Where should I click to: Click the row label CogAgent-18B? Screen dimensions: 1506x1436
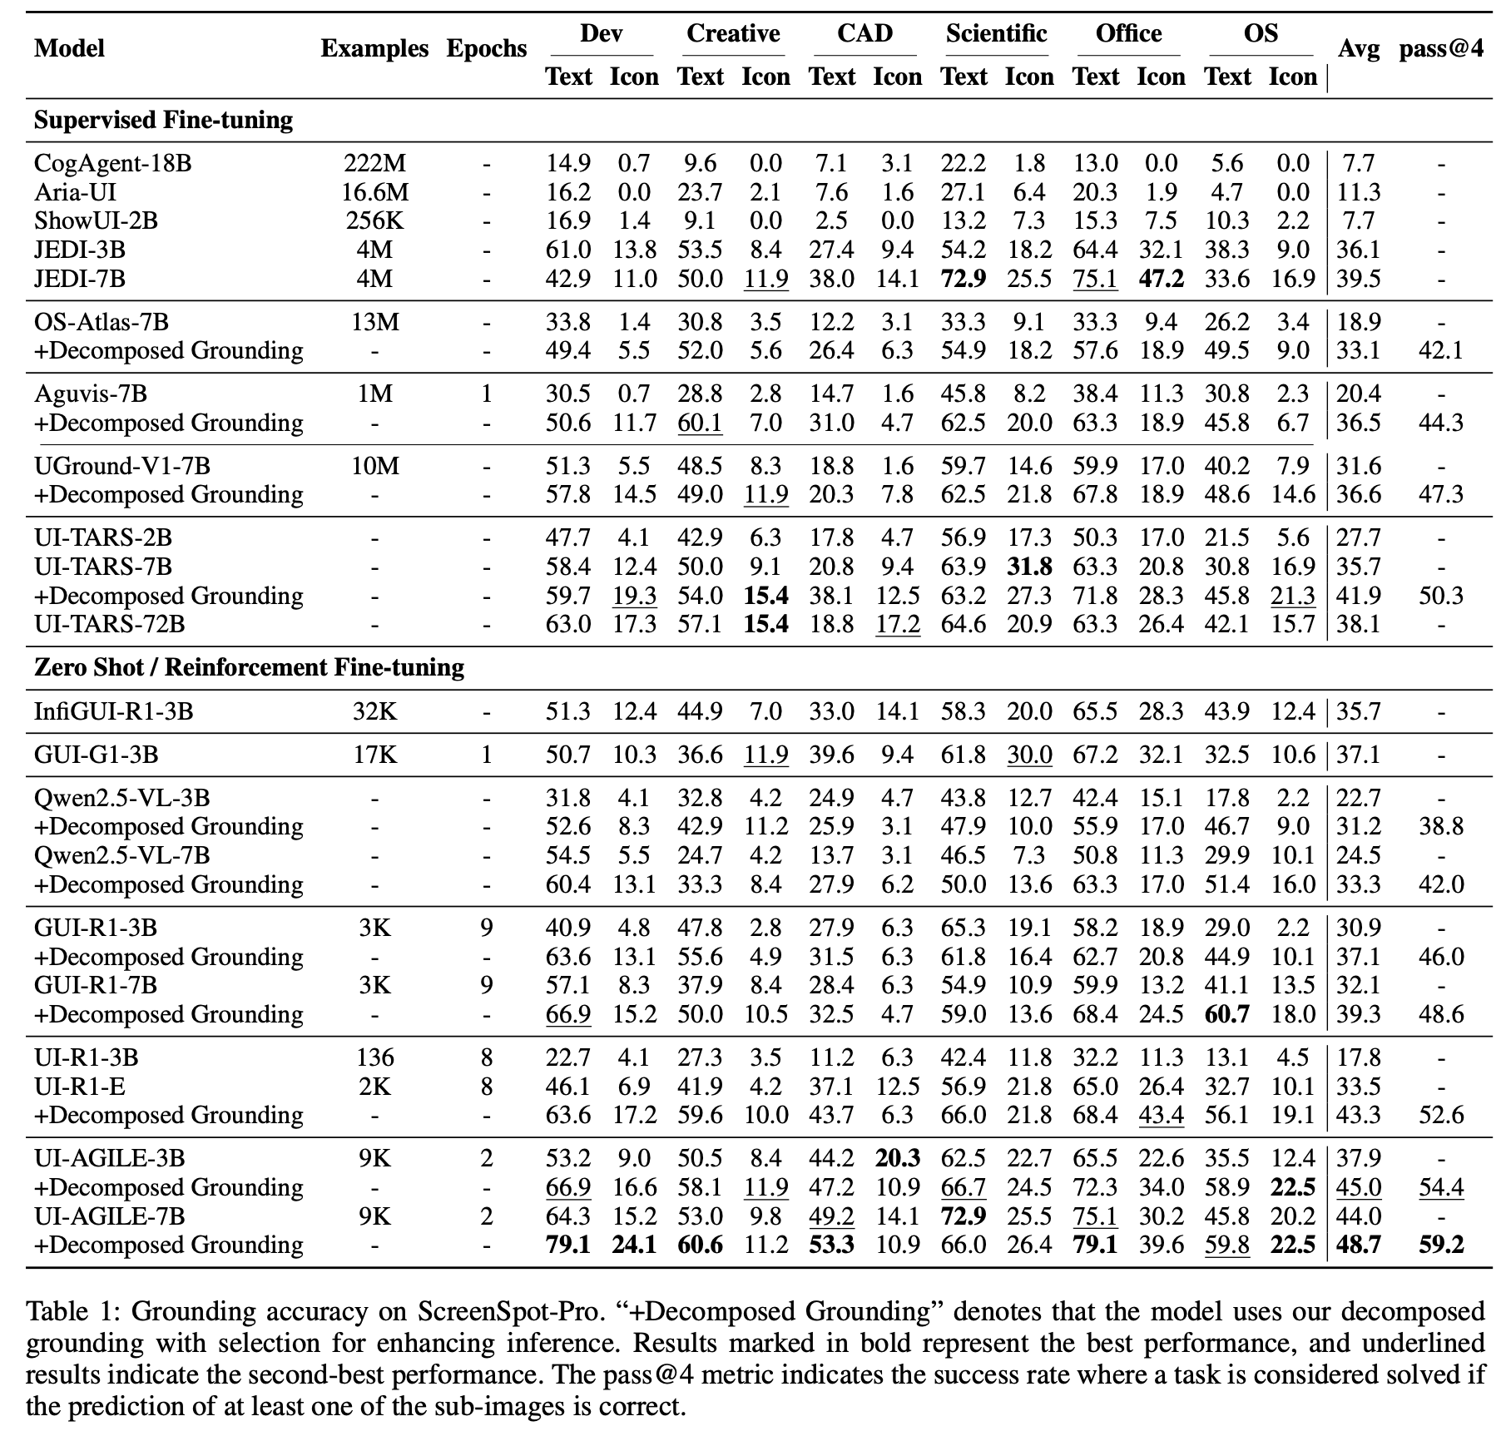point(112,163)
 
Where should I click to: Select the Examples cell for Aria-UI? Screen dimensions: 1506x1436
point(374,192)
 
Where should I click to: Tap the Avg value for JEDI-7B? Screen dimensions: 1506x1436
point(1358,279)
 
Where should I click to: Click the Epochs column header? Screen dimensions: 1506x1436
point(486,48)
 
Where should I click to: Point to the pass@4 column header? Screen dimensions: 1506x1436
point(1441,48)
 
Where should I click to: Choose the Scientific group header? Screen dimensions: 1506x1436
point(996,33)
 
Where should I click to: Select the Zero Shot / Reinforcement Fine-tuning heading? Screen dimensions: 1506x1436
point(249,667)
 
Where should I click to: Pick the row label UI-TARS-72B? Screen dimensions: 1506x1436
point(109,624)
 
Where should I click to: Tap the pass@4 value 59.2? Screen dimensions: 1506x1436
point(1441,1245)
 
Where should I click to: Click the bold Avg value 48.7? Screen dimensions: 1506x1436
point(1358,1245)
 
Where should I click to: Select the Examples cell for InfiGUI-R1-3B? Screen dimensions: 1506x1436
point(374,711)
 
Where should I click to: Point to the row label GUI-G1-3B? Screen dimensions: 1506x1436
point(96,755)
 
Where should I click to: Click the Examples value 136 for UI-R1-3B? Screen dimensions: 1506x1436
point(374,1057)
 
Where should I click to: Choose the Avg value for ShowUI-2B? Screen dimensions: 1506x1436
point(1358,220)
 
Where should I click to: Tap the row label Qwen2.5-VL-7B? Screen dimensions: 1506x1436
point(121,855)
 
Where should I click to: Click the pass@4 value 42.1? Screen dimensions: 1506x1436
point(1441,350)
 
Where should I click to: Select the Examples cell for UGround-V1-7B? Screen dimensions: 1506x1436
point(374,466)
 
